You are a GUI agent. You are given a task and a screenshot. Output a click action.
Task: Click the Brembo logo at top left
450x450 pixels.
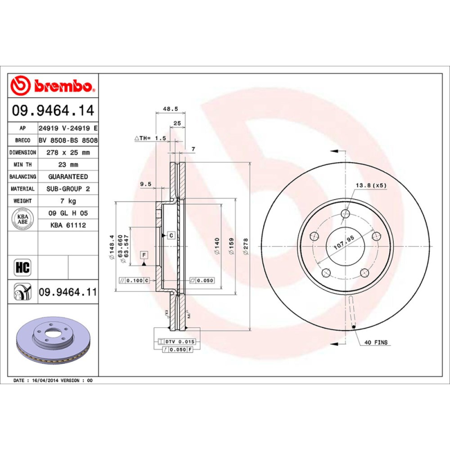[x=54, y=85]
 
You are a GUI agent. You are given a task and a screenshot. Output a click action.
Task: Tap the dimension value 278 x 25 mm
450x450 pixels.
[x=67, y=152]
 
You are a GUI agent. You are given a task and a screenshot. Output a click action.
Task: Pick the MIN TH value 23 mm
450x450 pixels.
[x=67, y=165]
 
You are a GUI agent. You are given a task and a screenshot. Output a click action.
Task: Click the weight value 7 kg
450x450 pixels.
[x=67, y=201]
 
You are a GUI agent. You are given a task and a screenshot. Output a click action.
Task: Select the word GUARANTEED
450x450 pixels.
[x=67, y=177]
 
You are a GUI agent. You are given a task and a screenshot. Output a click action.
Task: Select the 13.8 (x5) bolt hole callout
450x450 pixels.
[x=371, y=185]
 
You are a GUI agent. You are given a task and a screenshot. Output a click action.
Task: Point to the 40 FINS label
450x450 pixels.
[x=376, y=342]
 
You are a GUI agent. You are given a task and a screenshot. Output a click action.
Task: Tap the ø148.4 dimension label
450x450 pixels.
[x=112, y=246]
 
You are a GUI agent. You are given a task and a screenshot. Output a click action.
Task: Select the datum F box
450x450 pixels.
[x=144, y=255]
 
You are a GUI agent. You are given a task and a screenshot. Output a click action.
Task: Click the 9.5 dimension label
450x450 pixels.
[x=146, y=184]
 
